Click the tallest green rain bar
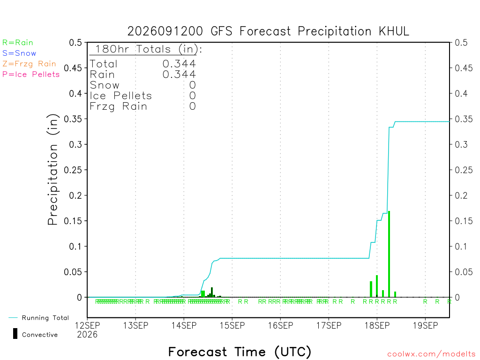point(389,254)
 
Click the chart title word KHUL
point(394,31)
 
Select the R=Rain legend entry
point(18,43)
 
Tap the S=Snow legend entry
point(19,53)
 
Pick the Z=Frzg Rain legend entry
point(30,64)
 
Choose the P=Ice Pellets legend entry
point(31,75)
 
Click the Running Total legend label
point(45,318)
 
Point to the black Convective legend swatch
point(15,334)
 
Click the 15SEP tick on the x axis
point(232,325)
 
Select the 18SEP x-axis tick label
point(377,325)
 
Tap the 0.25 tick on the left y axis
point(73,170)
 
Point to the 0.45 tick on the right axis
point(464,68)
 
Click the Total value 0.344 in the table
point(179,64)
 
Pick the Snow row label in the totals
point(105,85)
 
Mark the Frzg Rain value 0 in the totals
point(193,106)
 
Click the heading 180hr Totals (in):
point(149,49)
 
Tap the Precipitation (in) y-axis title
point(52,170)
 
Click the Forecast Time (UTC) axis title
point(240,352)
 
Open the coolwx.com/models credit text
point(431,354)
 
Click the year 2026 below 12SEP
point(87,335)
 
